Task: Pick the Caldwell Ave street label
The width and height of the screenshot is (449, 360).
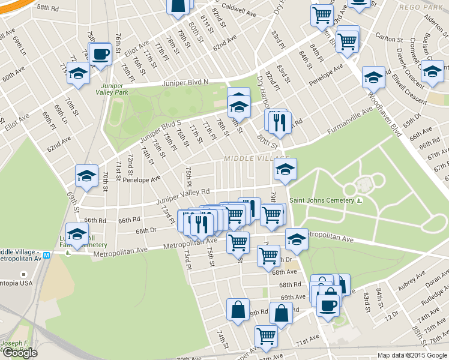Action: [238, 9]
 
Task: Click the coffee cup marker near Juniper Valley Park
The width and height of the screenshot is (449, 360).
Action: [100, 55]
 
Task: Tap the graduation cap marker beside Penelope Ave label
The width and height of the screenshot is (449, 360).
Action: [86, 176]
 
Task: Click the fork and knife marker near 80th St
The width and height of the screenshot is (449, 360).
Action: [278, 122]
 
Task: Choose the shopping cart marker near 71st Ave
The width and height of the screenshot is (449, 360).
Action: [265, 336]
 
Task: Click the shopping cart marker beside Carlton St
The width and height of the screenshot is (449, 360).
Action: [348, 41]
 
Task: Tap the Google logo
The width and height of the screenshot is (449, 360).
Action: [20, 353]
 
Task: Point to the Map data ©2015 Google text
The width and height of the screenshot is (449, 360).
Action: [412, 355]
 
